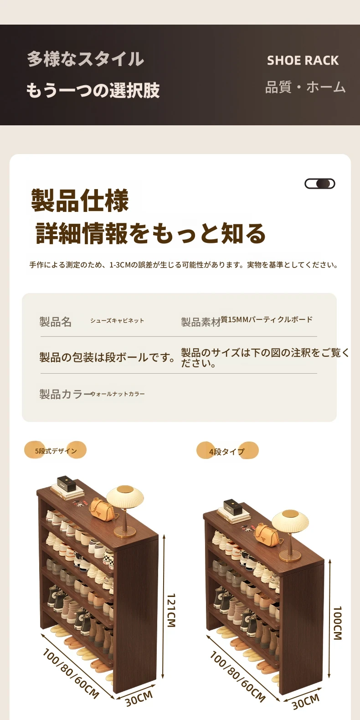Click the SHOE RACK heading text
coord(303,61)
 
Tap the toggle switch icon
coord(320,184)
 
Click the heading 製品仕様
coord(80,201)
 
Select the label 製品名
coord(55,322)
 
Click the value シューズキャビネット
coord(117,320)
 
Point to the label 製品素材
coord(201,322)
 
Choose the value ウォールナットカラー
coord(118,394)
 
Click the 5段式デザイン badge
coord(55,450)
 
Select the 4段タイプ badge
coord(227,451)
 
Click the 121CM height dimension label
coord(171,610)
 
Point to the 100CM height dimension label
coord(337,623)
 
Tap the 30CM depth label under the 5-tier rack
coord(139,699)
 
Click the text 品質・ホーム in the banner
coord(305,87)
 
